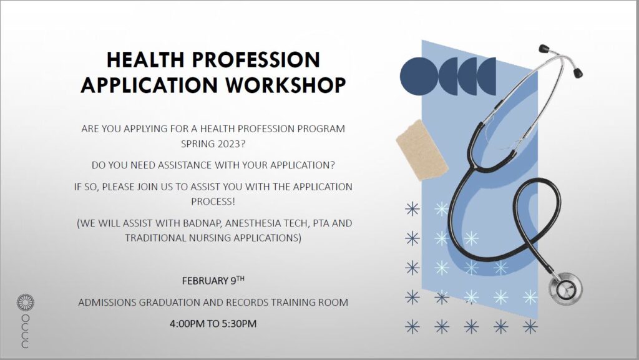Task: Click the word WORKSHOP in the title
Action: (x=286, y=85)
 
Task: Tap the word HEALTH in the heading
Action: (x=145, y=60)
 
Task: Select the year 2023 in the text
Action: (x=228, y=144)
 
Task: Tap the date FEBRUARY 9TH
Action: (x=213, y=281)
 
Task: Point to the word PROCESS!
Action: (x=213, y=202)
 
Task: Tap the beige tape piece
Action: (x=422, y=150)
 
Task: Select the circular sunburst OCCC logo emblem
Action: (x=25, y=303)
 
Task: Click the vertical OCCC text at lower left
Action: (x=25, y=331)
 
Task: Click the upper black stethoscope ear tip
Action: (x=544, y=49)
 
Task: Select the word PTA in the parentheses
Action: (x=321, y=223)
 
